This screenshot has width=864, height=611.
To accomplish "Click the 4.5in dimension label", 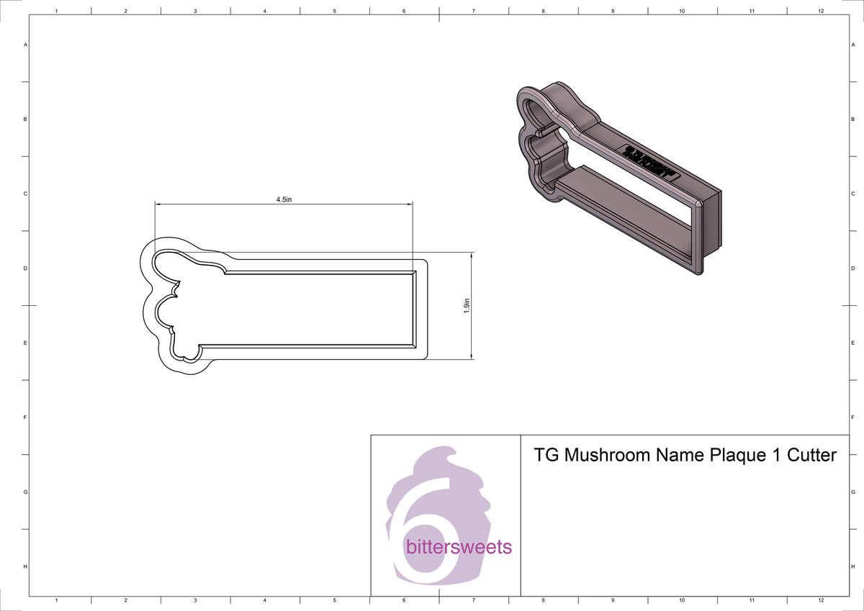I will point(284,199).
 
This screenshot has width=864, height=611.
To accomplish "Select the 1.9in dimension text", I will point(467,306).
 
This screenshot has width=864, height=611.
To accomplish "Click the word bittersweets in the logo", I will point(459,548).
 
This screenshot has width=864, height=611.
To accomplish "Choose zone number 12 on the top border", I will point(821,12).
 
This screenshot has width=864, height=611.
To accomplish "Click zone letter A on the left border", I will point(26,45).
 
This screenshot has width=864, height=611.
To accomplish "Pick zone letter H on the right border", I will point(852,567).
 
